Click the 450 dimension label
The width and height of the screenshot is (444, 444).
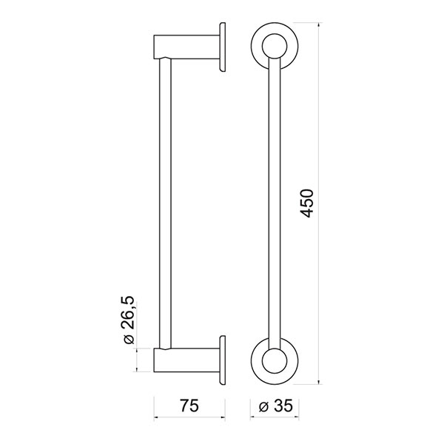click(306, 203)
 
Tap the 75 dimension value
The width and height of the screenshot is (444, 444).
click(189, 406)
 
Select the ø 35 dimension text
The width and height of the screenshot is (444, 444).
click(276, 406)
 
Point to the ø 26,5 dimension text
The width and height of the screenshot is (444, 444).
click(129, 320)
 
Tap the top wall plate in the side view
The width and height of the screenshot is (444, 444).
click(222, 47)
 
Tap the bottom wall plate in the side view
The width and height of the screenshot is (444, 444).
click(222, 360)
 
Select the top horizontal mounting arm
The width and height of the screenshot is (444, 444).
click(186, 47)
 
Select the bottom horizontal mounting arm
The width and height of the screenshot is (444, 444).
click(186, 360)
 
